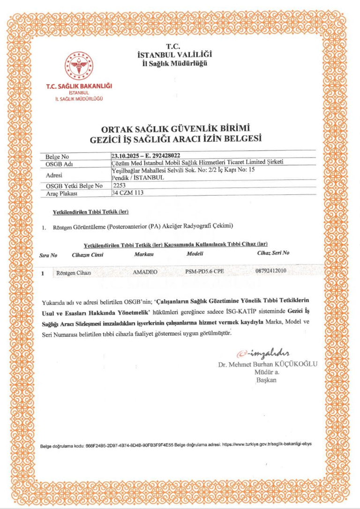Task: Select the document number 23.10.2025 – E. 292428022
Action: click(x=145, y=154)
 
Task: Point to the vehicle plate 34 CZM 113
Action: click(x=127, y=192)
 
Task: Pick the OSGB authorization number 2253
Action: click(x=120, y=185)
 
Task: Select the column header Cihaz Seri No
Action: click(x=273, y=253)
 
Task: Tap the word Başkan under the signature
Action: click(x=266, y=380)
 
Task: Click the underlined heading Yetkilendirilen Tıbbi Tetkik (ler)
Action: click(x=91, y=212)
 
